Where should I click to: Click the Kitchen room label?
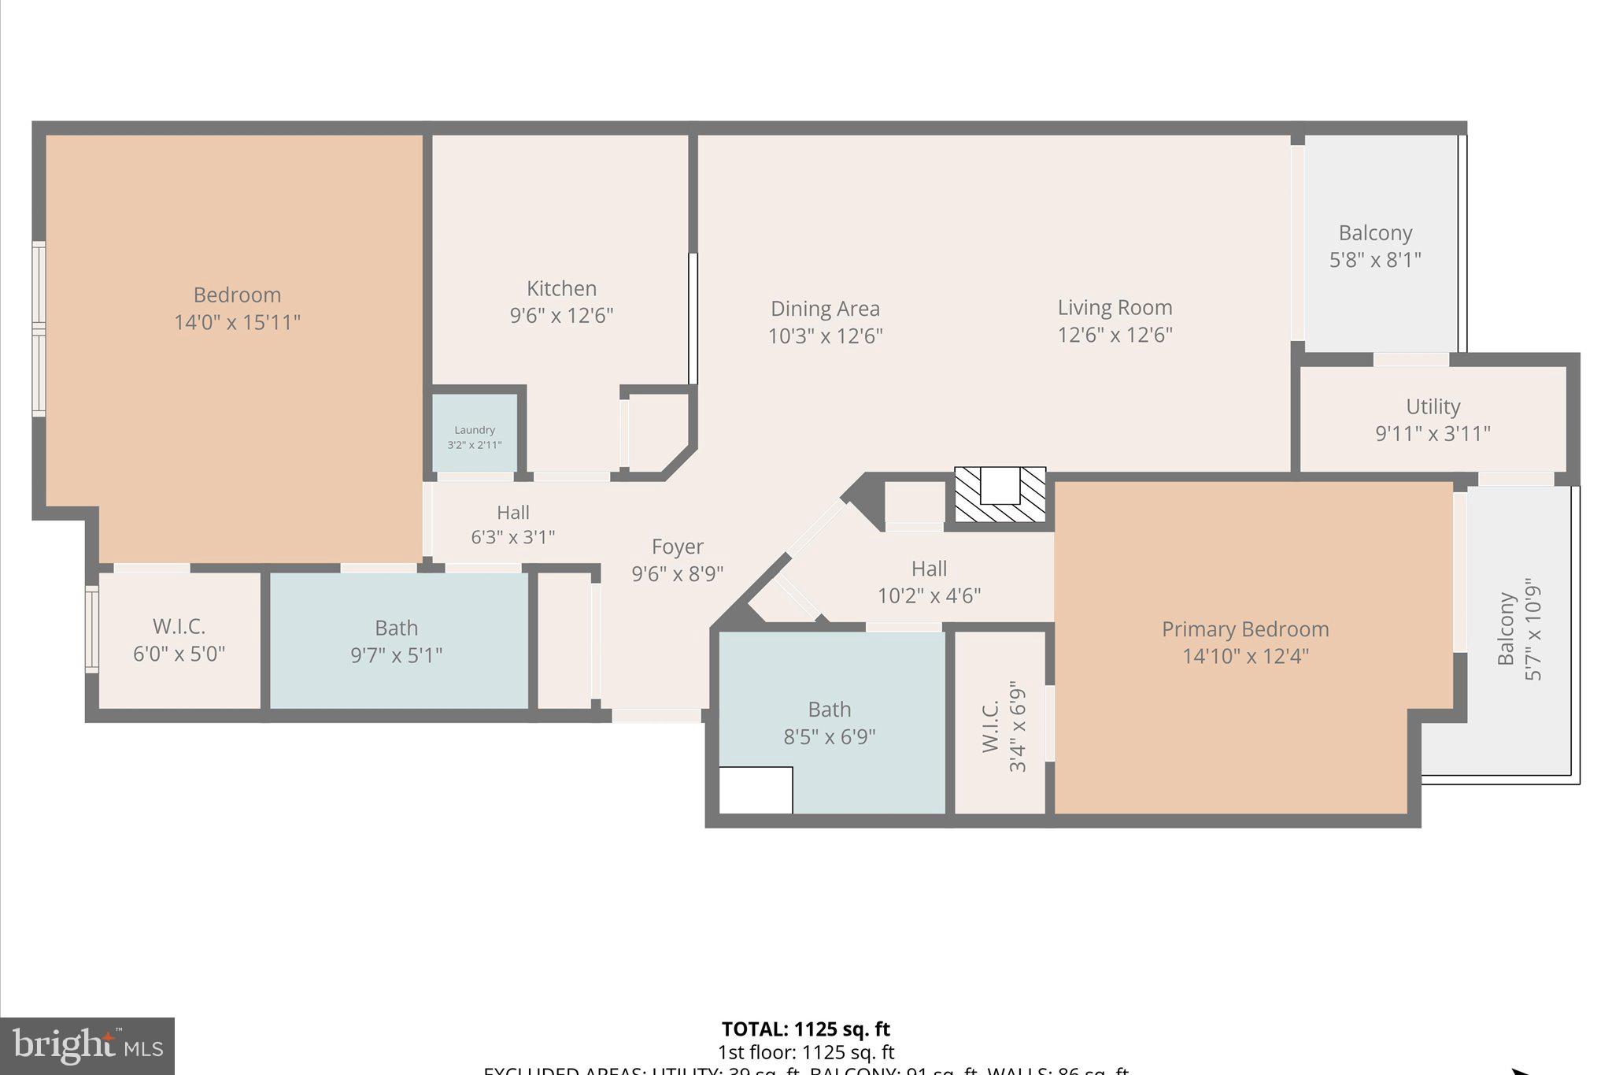(x=561, y=288)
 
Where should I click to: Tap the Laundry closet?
(x=475, y=435)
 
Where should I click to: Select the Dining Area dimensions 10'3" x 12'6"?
(x=825, y=336)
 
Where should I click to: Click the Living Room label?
(x=1115, y=307)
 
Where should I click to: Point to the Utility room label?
(x=1433, y=406)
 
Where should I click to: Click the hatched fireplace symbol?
(x=1000, y=495)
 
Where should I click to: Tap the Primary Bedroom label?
(x=1245, y=629)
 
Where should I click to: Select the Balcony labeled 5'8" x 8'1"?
(x=1375, y=245)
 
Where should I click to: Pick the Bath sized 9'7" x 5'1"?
(x=396, y=641)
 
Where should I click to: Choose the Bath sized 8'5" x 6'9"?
(x=830, y=722)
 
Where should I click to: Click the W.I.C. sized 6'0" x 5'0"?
(x=179, y=639)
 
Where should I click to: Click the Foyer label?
(x=677, y=547)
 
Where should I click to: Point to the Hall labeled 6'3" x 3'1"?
(x=512, y=525)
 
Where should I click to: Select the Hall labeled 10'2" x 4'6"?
(x=929, y=581)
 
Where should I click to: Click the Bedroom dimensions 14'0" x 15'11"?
(x=237, y=322)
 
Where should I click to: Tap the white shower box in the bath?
(x=756, y=790)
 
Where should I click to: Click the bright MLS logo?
(x=87, y=1046)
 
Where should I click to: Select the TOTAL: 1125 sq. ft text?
(x=805, y=1029)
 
